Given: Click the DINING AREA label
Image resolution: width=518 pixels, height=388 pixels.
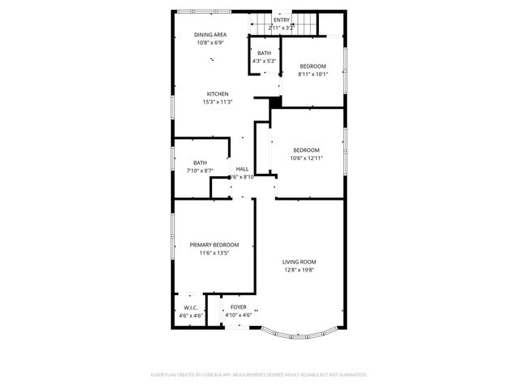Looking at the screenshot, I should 210,35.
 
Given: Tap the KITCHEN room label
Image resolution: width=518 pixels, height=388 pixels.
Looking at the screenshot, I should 218,94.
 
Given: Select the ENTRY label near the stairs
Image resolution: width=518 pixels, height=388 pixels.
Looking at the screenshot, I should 281,20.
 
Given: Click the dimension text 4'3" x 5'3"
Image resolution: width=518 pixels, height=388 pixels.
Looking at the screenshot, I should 264,61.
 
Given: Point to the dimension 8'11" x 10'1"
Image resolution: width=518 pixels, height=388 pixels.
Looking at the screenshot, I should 312,74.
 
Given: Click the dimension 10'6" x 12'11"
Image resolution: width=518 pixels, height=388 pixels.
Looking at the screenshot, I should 306,158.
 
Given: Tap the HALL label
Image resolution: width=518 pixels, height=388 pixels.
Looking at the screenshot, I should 242,169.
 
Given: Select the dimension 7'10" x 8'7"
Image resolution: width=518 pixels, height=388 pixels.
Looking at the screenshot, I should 200,171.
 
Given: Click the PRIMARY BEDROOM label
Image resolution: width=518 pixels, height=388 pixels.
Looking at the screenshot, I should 214,245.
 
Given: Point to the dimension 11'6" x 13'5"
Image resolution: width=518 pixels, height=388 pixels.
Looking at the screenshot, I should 214,253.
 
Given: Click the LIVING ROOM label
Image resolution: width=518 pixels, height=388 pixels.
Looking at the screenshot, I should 299,262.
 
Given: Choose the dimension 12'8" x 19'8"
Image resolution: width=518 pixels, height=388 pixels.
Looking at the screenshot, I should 299,270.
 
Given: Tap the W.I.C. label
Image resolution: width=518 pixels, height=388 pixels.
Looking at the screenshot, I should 192,307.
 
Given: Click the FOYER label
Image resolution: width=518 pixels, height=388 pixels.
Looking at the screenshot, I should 238,307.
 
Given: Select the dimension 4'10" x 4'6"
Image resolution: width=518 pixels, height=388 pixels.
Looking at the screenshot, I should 238,315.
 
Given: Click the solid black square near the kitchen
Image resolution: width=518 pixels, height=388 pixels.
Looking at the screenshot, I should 275,102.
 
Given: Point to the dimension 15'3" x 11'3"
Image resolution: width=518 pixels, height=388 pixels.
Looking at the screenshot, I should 218,102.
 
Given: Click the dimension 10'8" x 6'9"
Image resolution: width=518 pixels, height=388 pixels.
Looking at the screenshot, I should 210,43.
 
